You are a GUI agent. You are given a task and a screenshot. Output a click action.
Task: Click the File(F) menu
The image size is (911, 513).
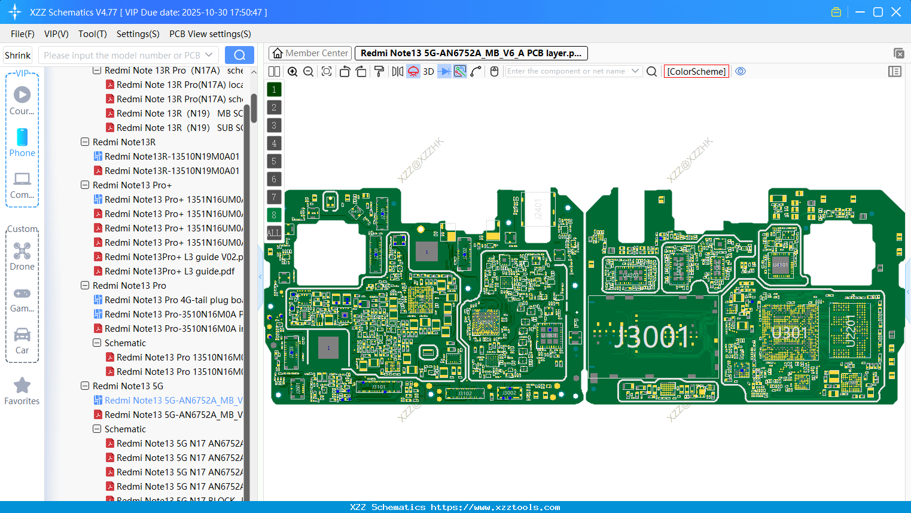[x=22, y=34]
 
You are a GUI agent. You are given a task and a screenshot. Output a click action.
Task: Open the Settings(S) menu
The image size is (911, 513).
[x=138, y=34]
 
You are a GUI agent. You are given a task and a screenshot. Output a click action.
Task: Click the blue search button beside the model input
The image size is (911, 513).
[x=239, y=55]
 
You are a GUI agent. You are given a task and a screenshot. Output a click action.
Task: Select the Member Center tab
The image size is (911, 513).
[x=310, y=53]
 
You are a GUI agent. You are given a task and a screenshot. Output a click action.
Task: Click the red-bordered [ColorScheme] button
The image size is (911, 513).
[x=696, y=72]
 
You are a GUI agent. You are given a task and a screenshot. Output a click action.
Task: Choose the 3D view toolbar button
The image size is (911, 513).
[x=428, y=72]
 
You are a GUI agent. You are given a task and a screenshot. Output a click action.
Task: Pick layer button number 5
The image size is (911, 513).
[x=274, y=161]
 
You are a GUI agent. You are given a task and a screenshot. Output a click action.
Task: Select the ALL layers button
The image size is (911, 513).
[x=273, y=233]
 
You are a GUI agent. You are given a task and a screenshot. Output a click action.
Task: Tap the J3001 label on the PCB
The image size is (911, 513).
[x=653, y=337]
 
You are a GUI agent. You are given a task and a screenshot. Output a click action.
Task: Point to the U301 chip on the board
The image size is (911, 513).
[x=789, y=332]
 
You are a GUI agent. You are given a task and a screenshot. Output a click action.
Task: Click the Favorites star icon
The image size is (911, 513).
[x=22, y=386]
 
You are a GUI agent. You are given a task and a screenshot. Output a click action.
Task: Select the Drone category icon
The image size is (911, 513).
[x=22, y=251]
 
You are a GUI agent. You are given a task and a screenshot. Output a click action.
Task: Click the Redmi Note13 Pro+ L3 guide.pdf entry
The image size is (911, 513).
[x=169, y=271]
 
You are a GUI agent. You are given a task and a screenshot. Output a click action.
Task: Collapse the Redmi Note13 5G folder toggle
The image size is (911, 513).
[x=85, y=386]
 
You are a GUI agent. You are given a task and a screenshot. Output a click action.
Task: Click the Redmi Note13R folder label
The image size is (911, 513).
[x=124, y=142]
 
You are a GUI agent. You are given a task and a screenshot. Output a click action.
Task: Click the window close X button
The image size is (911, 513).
[x=896, y=12]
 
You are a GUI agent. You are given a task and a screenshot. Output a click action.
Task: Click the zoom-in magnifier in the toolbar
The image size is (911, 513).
[x=293, y=72]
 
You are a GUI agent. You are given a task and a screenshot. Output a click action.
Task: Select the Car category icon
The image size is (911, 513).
[x=22, y=335]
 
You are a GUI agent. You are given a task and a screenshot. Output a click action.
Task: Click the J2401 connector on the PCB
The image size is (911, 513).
[x=538, y=209]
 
